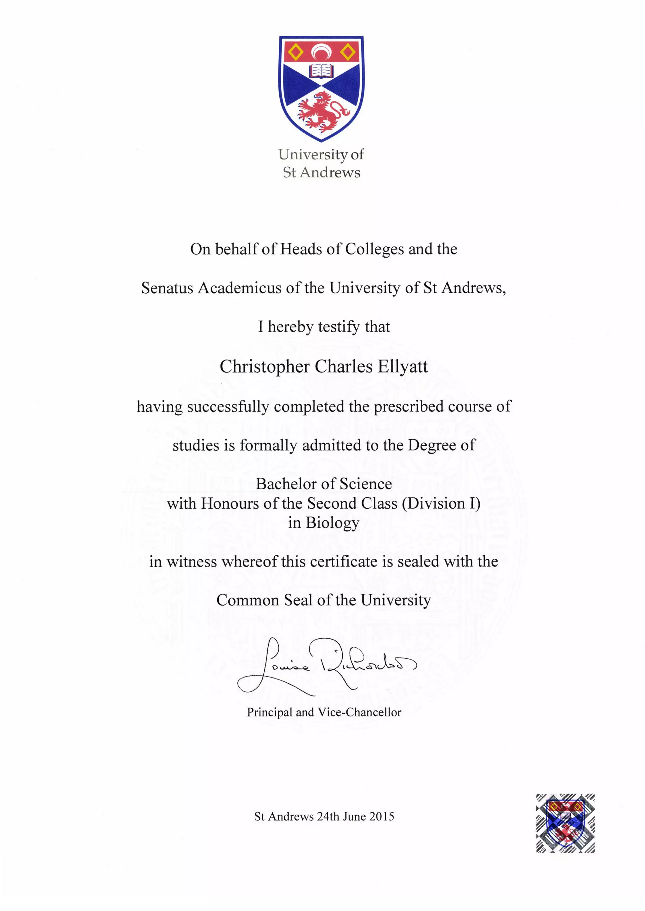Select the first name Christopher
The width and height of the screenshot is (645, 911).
pyautogui.click(x=265, y=366)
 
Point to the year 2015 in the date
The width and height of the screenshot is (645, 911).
pyautogui.click(x=382, y=817)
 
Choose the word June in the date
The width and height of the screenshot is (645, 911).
pyautogui.click(x=354, y=817)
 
